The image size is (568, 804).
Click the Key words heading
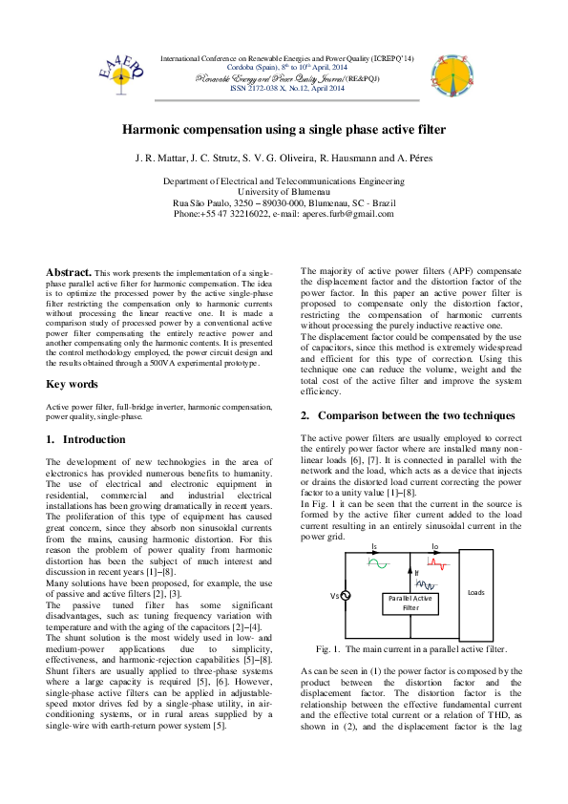(x=72, y=384)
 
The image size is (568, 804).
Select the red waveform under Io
(x=437, y=563)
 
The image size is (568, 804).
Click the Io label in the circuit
(x=434, y=547)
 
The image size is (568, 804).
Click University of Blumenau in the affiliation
(x=284, y=191)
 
